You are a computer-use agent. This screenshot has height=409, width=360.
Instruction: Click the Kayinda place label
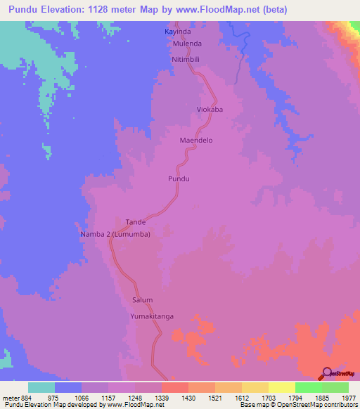pyautogui.click(x=176, y=32)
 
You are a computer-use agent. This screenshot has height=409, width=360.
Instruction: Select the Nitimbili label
pyautogui.click(x=186, y=60)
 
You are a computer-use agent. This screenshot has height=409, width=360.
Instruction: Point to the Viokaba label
pyautogui.click(x=210, y=110)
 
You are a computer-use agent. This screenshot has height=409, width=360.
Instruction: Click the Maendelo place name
pyautogui.click(x=196, y=141)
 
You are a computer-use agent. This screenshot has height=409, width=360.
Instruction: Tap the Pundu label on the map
pyautogui.click(x=179, y=179)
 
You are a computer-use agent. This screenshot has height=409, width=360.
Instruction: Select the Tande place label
pyautogui.click(x=135, y=222)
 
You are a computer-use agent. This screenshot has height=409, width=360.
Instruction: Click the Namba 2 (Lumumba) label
pyautogui.click(x=115, y=234)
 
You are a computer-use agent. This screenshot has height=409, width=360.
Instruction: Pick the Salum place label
pyautogui.click(x=142, y=300)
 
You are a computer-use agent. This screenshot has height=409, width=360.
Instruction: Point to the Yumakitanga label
pyautogui.click(x=151, y=317)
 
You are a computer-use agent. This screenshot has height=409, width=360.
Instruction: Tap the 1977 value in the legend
pyautogui.click(x=349, y=397)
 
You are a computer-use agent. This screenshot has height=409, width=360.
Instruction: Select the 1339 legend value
pyautogui.click(x=162, y=397)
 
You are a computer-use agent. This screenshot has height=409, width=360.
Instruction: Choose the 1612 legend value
pyautogui.click(x=242, y=397)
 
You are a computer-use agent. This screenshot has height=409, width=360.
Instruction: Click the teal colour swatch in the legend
pyautogui.click(x=41, y=387)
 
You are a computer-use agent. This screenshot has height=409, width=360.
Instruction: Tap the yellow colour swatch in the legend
pyautogui.click(x=281, y=387)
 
